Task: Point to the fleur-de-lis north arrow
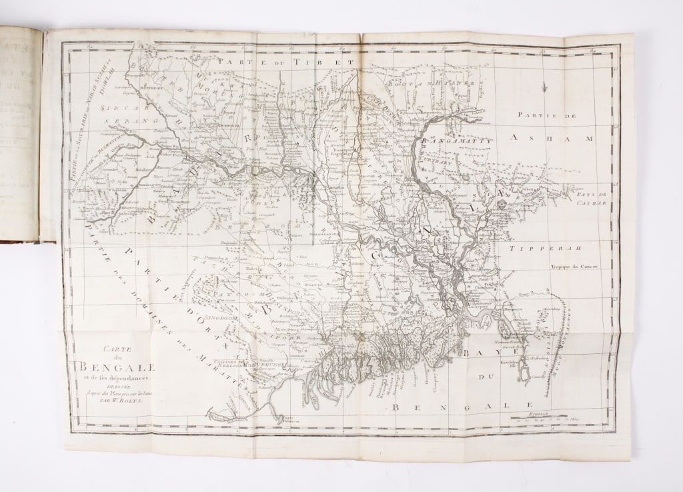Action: coord(545,87)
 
